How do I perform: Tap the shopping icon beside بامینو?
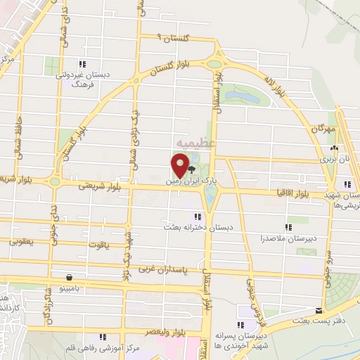pos(68,277)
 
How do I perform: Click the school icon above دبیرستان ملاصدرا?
pos(288,226)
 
